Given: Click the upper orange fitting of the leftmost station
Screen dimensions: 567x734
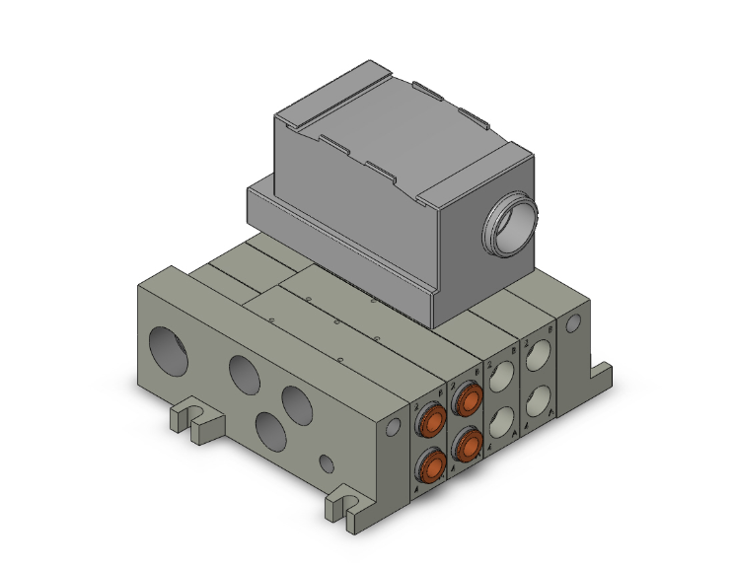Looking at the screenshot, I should click(431, 424).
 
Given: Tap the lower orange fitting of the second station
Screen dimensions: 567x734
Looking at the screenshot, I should click(467, 445).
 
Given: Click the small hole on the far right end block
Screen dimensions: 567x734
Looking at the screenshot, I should click(570, 325).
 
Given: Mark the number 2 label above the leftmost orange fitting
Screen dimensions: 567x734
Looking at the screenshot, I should click(418, 405).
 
